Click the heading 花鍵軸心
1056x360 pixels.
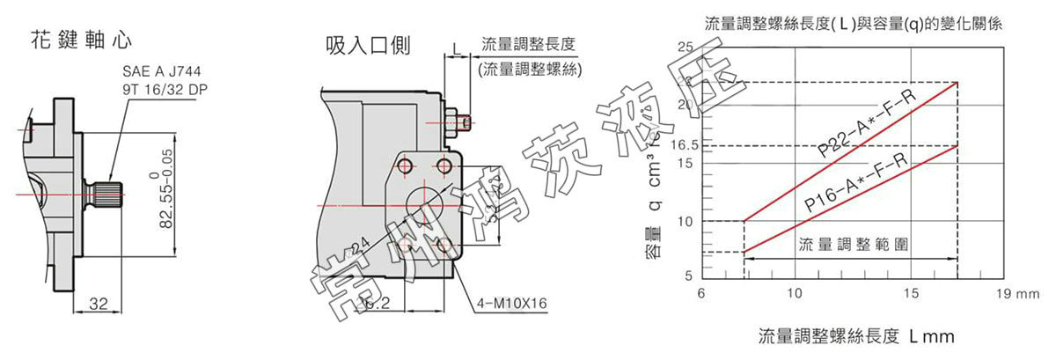(82, 40)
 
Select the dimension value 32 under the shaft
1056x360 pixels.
(99, 305)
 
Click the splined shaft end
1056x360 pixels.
(104, 191)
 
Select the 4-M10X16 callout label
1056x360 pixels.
(512, 305)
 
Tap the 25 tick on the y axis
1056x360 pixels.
(685, 47)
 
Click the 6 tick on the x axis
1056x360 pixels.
(701, 292)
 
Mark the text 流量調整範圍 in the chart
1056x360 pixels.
(841, 244)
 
